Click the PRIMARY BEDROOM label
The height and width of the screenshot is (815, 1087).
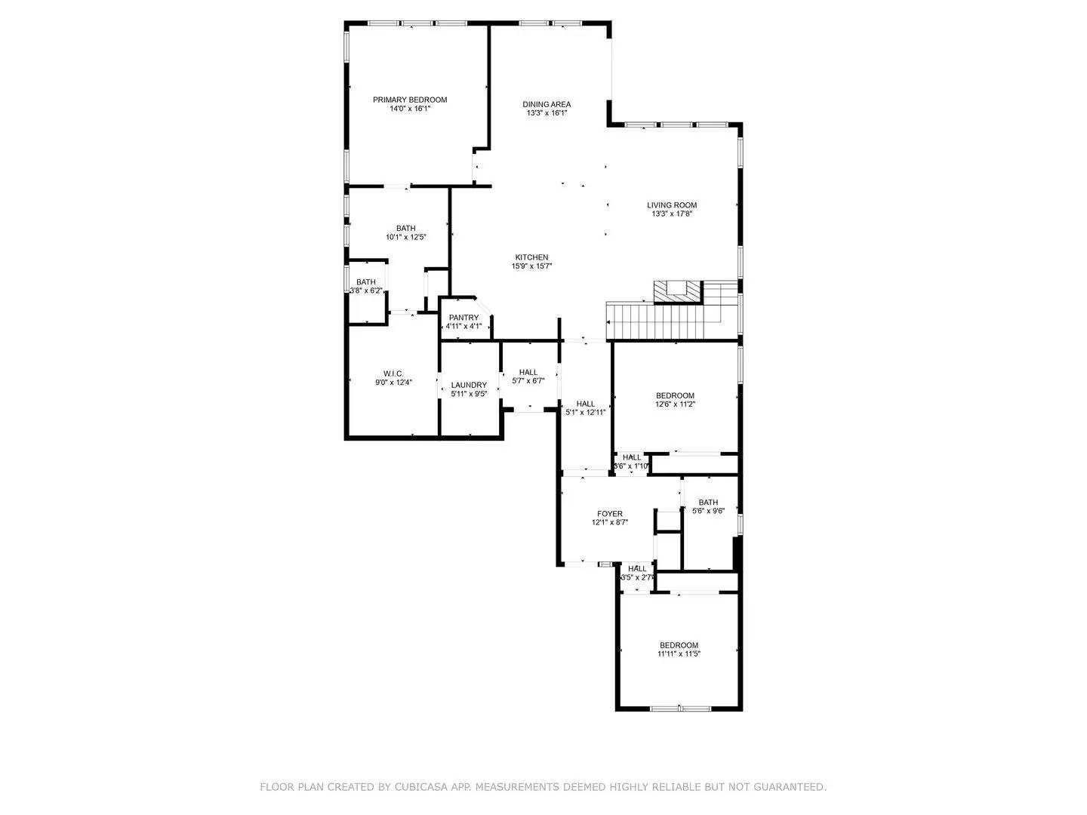410,100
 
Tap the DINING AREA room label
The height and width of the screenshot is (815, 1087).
547,104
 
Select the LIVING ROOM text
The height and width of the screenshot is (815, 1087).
672,205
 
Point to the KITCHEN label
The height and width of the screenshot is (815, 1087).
531,257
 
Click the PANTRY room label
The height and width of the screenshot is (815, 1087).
463,318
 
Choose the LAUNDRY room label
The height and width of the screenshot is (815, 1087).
469,385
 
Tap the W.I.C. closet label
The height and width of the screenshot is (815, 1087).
393,374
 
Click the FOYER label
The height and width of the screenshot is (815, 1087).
610,514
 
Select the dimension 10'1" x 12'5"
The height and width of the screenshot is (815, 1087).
406,237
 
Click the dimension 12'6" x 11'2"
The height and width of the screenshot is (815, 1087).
675,404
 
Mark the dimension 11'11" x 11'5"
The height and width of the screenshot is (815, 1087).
679,654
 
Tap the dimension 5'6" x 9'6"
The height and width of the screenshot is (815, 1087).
708,511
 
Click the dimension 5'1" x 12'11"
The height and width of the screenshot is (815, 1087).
586,412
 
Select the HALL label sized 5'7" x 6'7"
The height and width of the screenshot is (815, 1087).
528,372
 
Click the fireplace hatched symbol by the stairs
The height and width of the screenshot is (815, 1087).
678,291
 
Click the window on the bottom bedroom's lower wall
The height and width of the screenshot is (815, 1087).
679,708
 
